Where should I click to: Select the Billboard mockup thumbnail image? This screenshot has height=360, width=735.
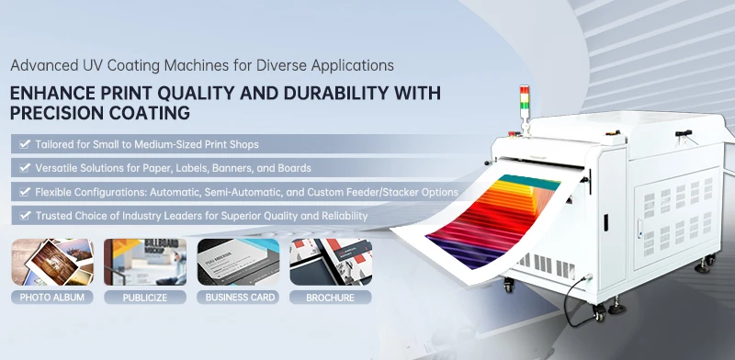(143, 263)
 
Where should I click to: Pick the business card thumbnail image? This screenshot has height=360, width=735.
(237, 263)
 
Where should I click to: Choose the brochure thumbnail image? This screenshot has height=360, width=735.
(330, 263)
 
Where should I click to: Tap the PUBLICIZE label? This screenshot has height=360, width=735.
(143, 298)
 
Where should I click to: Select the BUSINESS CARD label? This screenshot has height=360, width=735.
(237, 298)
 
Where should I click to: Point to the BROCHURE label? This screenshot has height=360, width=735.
(330, 298)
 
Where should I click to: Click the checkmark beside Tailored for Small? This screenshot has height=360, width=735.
(22, 144)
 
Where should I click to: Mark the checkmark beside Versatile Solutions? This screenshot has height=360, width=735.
(22, 168)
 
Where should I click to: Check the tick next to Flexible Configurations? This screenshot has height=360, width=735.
(22, 192)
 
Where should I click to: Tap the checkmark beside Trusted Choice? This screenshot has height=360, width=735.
(22, 216)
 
